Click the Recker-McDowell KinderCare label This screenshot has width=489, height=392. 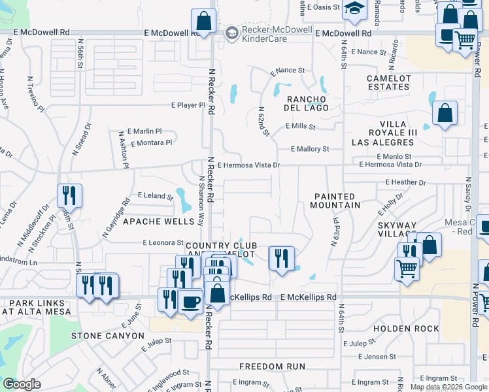pyautogui.click(x=275, y=33)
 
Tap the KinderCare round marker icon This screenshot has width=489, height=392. pyautogui.click(x=231, y=33)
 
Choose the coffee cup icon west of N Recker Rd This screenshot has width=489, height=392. pyautogui.click(x=190, y=302)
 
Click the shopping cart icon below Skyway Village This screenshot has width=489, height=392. pyautogui.click(x=407, y=267)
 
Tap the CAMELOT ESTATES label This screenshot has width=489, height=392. pyautogui.click(x=388, y=82)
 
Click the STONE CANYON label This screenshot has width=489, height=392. pyautogui.click(x=107, y=336)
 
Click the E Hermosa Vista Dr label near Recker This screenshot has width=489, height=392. pyautogui.click(x=248, y=166)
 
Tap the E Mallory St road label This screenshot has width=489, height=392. pyautogui.click(x=309, y=149)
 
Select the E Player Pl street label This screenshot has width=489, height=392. pyautogui.click(x=188, y=105)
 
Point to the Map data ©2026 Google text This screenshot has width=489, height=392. pyautogui.click(x=448, y=387)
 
